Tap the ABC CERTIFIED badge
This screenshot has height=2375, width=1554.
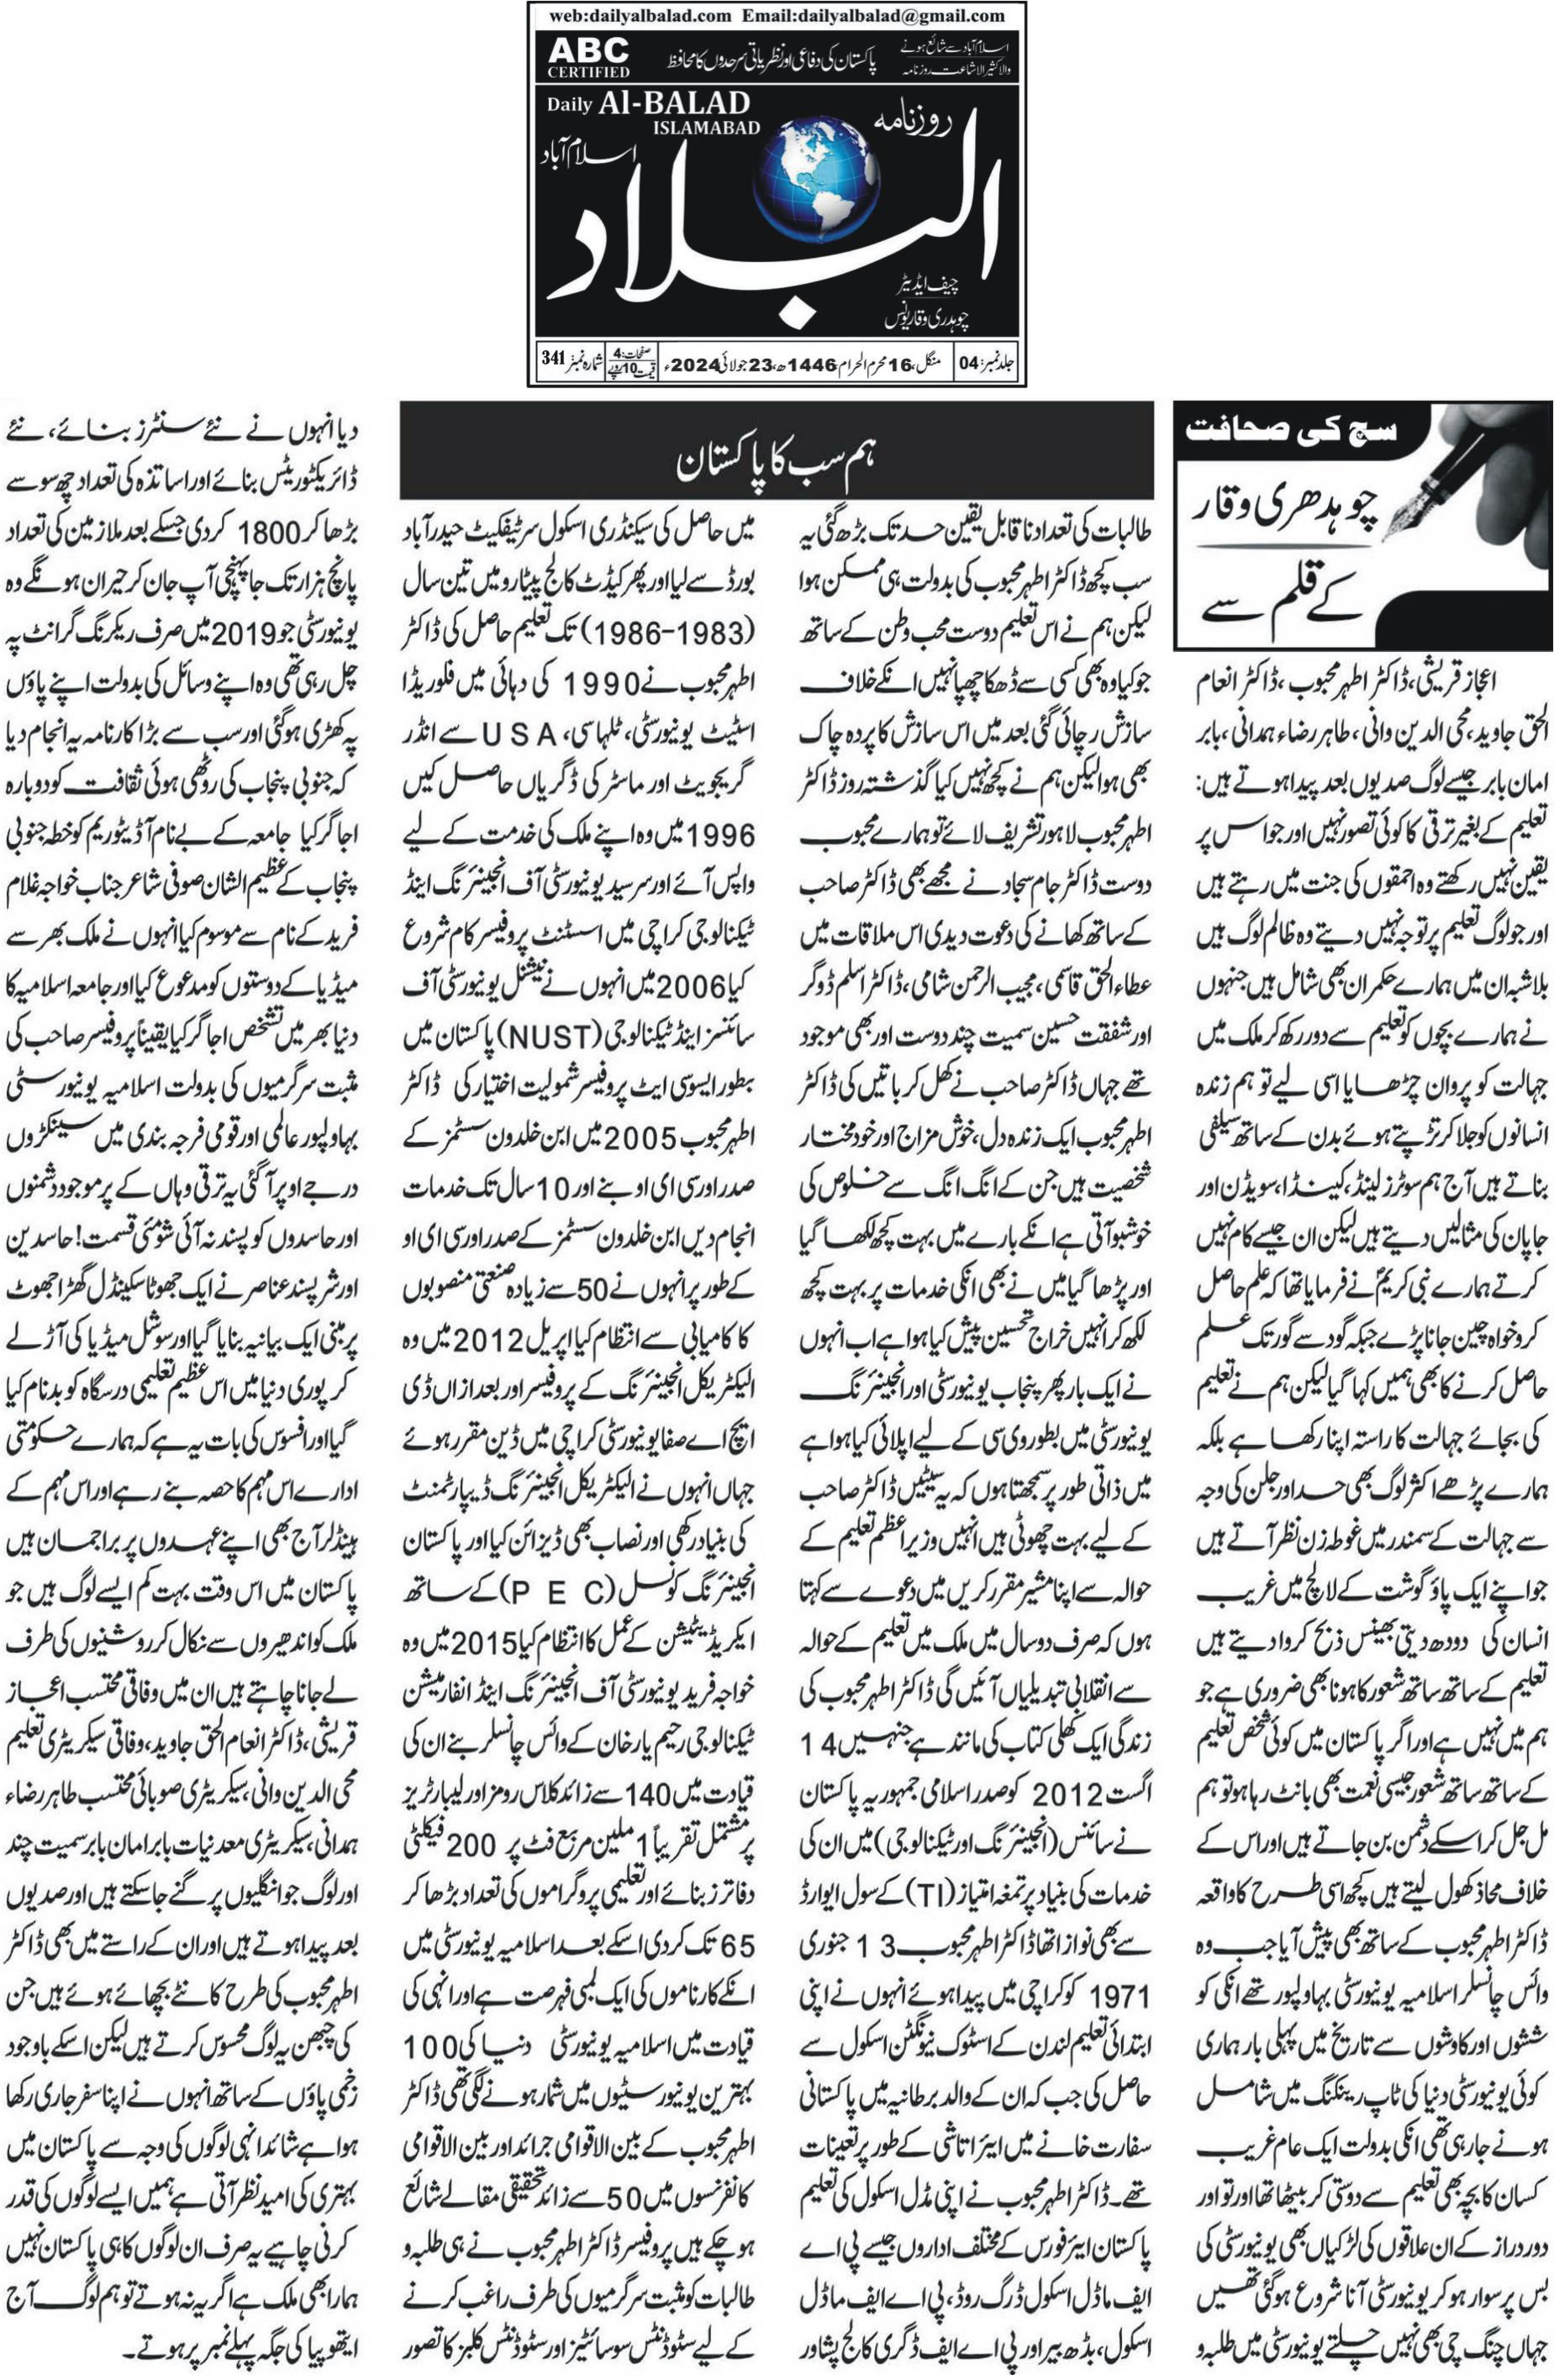(x=587, y=57)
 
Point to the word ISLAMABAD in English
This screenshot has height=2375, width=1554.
(x=707, y=127)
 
